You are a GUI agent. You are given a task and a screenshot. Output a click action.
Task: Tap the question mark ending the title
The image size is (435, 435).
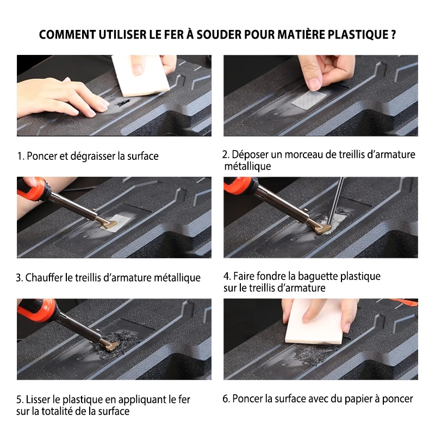click(x=393, y=35)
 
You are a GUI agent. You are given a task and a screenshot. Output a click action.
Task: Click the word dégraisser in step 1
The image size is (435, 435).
click(x=93, y=156)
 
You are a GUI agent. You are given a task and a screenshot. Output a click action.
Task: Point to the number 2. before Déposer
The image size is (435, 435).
click(x=226, y=154)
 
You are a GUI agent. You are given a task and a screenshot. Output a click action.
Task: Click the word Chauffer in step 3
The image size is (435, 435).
click(x=44, y=278)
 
